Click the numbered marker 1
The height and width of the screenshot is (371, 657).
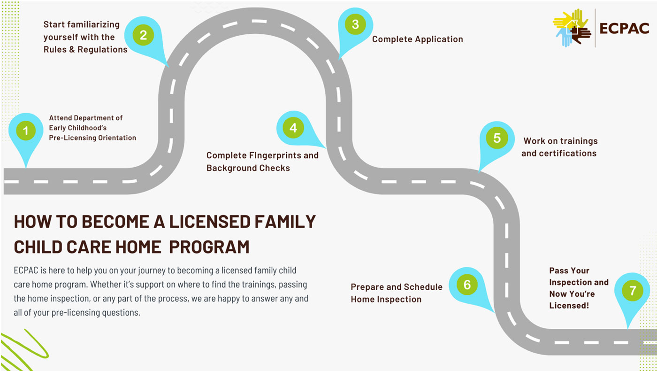coord(26,131)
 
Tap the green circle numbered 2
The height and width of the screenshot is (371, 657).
coord(143,35)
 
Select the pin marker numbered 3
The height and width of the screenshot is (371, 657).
coord(355,25)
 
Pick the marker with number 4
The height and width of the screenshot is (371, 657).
coord(293,128)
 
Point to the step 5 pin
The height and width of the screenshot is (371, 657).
coord(497,139)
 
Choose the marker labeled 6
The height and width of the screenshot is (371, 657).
coord(467,285)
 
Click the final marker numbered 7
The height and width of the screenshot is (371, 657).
coord(633,291)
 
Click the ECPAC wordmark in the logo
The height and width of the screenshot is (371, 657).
coord(624,29)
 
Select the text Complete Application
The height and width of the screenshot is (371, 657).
coord(417,39)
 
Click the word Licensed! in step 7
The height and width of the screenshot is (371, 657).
coord(569,306)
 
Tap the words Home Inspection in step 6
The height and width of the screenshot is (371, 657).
coord(386,299)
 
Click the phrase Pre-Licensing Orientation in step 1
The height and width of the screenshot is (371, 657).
coord(92,138)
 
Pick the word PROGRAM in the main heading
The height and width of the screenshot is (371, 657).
coord(209,247)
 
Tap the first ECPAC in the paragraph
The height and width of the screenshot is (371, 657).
coord(26,271)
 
